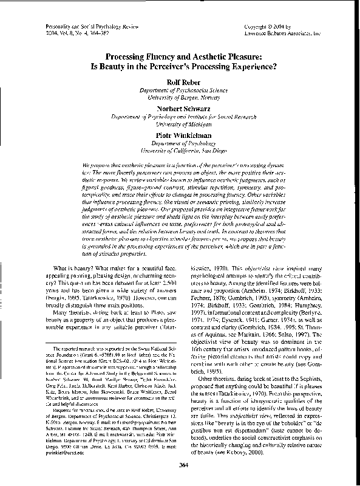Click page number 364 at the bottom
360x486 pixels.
pyautogui.click(x=180, y=465)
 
